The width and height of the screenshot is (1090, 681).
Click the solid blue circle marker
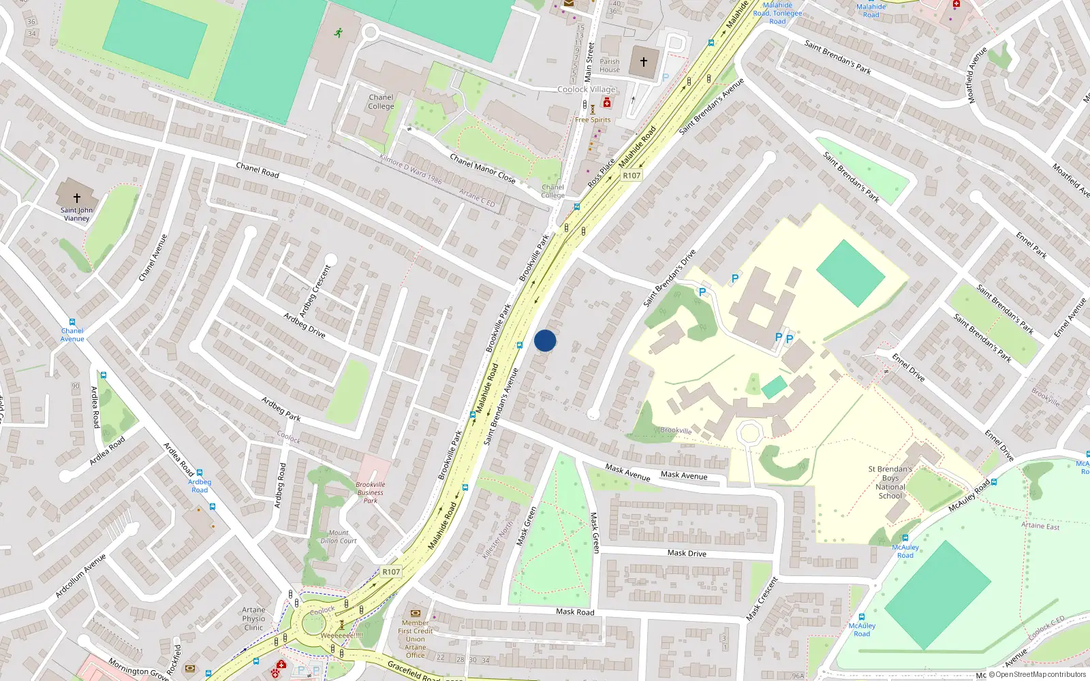pos(545,340)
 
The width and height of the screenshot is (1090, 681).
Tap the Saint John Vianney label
pos(76,214)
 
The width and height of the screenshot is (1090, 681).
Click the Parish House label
pos(610,65)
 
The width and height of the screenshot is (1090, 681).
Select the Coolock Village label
pos(586,89)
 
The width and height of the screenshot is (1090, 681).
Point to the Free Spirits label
pos(593,120)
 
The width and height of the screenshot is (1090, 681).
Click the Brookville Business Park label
pos(370,492)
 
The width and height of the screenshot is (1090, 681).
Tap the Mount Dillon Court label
pos(339,537)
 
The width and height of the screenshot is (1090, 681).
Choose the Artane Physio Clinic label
pos(253,618)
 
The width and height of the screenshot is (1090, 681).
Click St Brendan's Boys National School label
pos(890,482)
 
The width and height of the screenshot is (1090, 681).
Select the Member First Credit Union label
pos(415,639)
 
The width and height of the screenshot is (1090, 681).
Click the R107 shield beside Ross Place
pos(632,176)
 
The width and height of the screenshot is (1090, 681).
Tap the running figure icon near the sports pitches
pos(339,33)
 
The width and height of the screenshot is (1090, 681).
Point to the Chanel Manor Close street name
pos(482,168)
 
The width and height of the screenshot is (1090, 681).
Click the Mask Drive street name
pos(687,553)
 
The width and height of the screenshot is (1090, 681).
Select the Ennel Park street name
pos(1031,245)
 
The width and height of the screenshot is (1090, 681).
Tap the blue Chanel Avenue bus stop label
pos(72,334)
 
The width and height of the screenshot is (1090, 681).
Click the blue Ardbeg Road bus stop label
pos(200,486)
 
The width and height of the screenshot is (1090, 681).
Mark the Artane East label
pos(1040,525)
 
